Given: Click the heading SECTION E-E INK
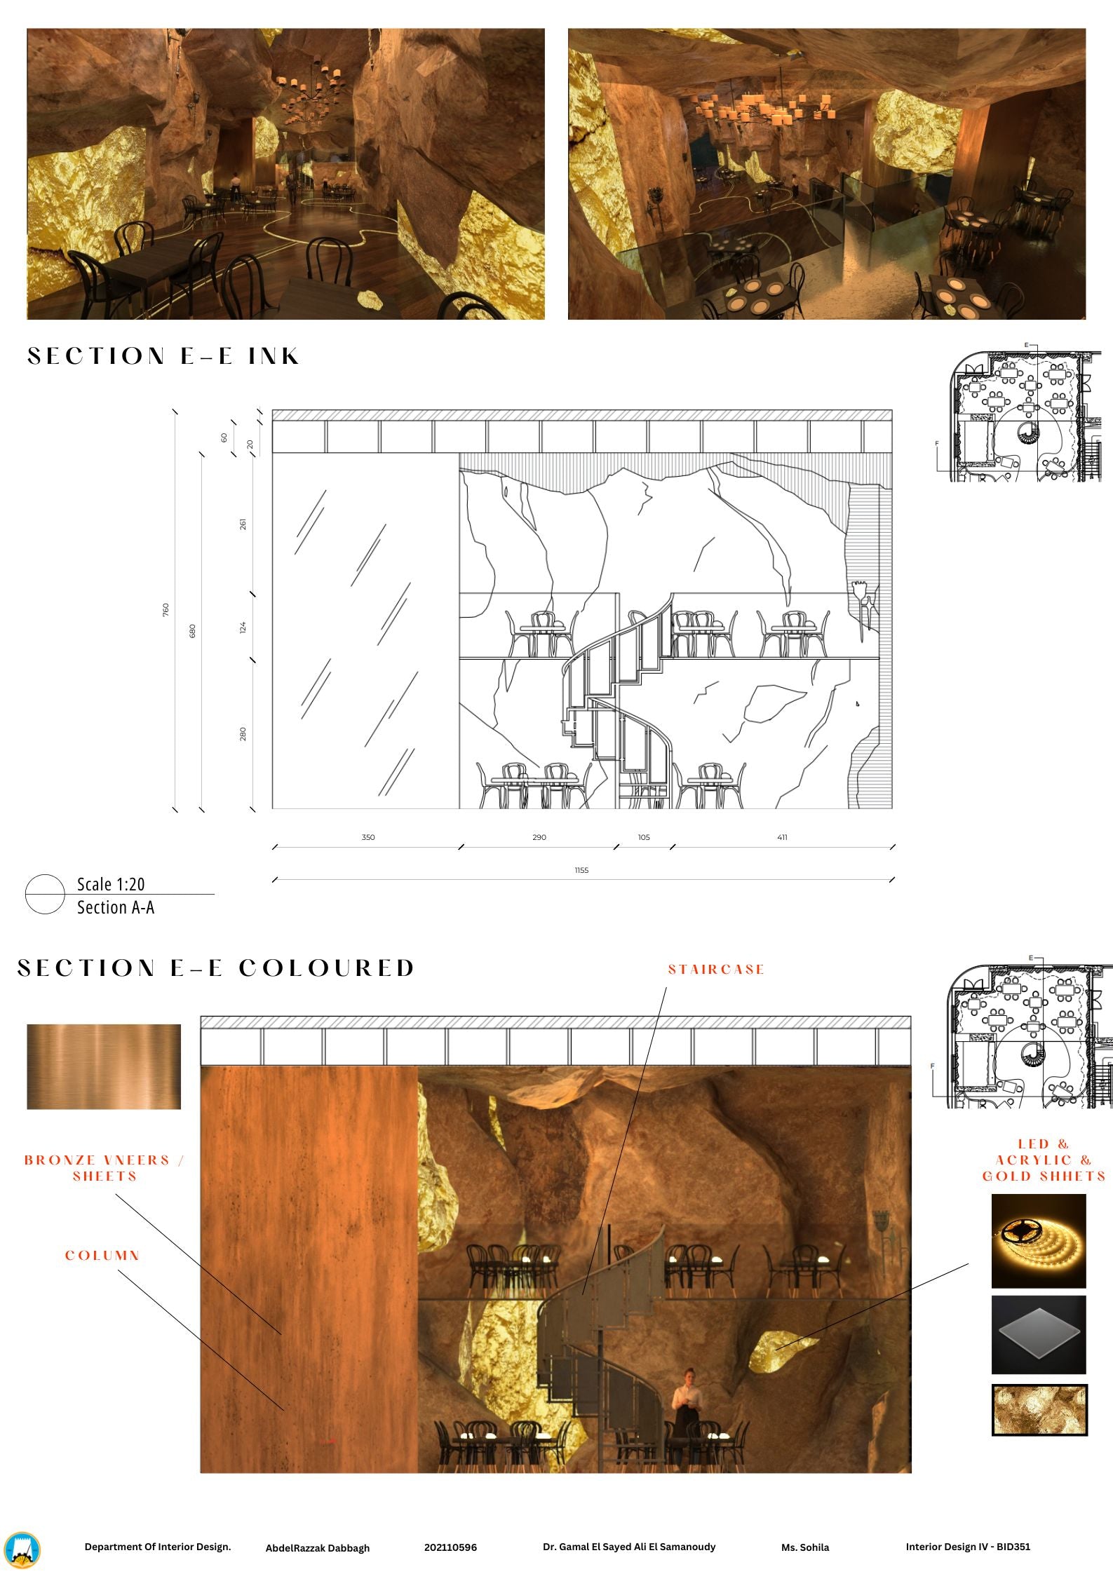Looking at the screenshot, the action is pos(163,356).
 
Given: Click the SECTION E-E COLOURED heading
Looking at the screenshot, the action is pos(216,968).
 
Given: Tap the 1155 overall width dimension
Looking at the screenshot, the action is pos(581,870).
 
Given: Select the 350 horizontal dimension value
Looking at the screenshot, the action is pos(368,837).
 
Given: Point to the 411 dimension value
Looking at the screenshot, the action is pos(782,837).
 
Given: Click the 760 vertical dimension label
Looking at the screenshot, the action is pos(166,610).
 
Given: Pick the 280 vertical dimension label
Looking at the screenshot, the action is pos(243,734).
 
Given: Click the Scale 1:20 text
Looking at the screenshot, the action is pos(111,884).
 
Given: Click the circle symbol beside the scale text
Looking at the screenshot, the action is pos(45,895).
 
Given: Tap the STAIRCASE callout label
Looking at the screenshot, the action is pos(716,970).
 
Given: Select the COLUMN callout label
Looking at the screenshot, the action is pos(102,1255).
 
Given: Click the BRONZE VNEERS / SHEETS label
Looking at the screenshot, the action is pos(104,1168).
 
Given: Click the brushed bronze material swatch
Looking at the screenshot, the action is pos(104,1066).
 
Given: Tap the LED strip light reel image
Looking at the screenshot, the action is pos(1039,1242).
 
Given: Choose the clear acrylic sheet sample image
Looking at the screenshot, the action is pos(1039,1335).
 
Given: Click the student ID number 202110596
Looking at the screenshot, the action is pos(450,1547).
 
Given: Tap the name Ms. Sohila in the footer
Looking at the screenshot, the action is pos(805,1547).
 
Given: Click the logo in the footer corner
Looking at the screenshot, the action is pos(22,1550).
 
